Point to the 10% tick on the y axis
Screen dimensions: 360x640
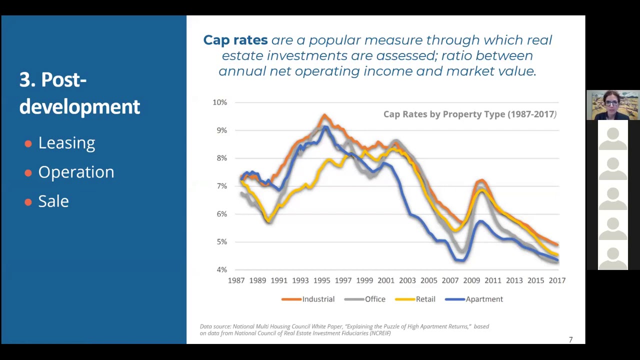coord(219,102)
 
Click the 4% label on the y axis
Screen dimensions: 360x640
coord(221,269)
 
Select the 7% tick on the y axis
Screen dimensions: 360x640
coord(221,186)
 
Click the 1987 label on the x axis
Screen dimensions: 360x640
coord(236,280)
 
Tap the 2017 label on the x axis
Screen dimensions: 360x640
coord(557,280)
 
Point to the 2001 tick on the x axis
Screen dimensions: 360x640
coord(386,280)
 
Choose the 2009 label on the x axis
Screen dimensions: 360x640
coord(471,280)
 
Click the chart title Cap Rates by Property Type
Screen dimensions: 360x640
coord(469,114)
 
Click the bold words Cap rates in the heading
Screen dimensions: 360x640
coord(235,40)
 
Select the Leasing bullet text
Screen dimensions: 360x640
coord(66,143)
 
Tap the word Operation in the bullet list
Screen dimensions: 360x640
coord(76,172)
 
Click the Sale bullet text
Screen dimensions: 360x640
coord(53,201)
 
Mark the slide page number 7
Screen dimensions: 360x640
coord(570,340)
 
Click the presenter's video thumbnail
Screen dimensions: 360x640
coord(612,105)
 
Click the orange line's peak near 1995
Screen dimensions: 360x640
coord(324,116)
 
